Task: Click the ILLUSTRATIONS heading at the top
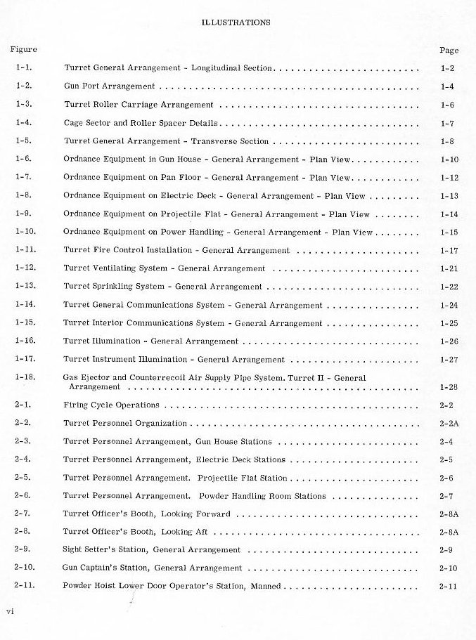pyautogui.click(x=236, y=22)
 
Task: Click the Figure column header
pyautogui.click(x=23, y=49)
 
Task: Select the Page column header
pyautogui.click(x=449, y=51)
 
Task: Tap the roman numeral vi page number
pyautogui.click(x=10, y=611)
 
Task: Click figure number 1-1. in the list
pyautogui.click(x=23, y=68)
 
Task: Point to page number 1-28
pyautogui.click(x=449, y=387)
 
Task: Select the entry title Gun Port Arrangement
pyautogui.click(x=109, y=86)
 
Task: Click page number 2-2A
pyautogui.click(x=449, y=424)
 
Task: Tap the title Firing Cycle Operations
pyautogui.click(x=111, y=405)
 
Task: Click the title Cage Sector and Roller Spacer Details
pyautogui.click(x=139, y=123)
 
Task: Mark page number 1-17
pyautogui.click(x=448, y=250)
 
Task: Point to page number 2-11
pyautogui.click(x=448, y=586)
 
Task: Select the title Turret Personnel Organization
pyautogui.click(x=125, y=424)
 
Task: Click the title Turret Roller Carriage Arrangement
pyautogui.click(x=139, y=105)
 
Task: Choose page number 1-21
pyautogui.click(x=448, y=269)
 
